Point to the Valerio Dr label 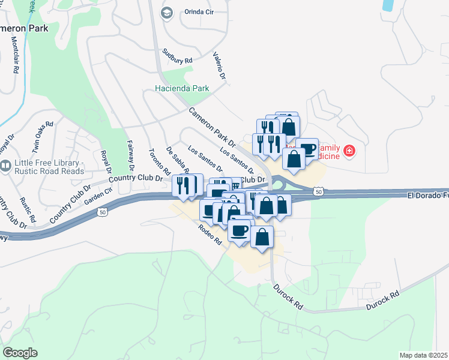(x=219, y=66)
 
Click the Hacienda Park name (x=182, y=88)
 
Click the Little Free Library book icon (x=5, y=167)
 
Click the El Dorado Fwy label (x=427, y=196)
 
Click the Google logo (x=20, y=352)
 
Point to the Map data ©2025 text (x=423, y=355)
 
